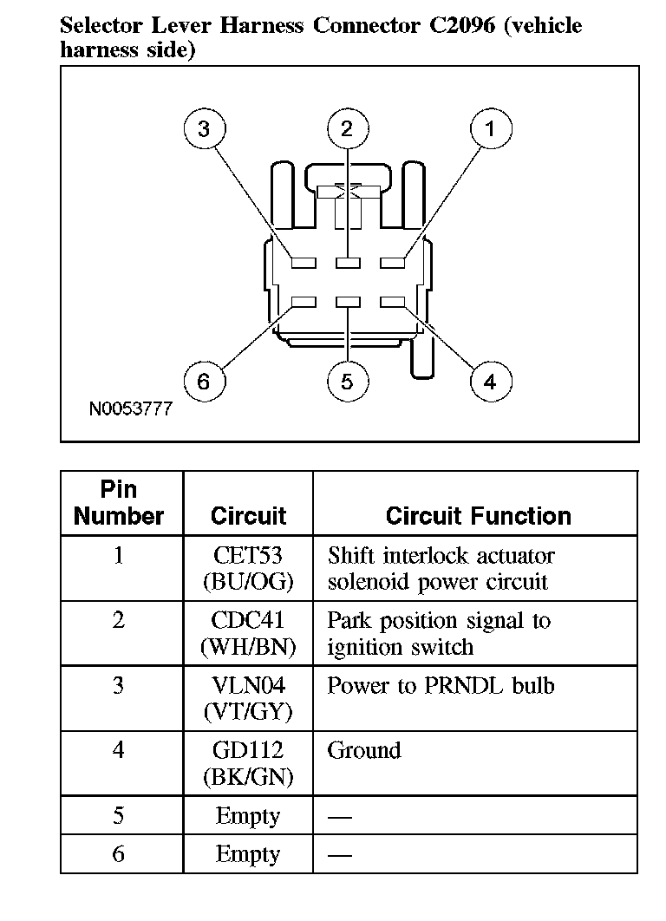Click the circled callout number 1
pos(490,129)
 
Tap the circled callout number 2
pos(347,129)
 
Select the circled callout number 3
pos(204,129)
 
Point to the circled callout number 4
pos(490,382)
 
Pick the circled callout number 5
pos(347,382)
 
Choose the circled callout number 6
pos(204,382)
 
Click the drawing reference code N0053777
pos(130,408)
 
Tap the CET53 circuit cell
pos(248,568)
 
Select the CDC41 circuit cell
pos(248,633)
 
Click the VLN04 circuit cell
pos(248,698)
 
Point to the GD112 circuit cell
pos(248,763)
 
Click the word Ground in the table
pos(363,750)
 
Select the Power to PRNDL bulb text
pos(440,686)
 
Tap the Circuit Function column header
pos(478,517)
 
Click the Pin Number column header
pos(119,503)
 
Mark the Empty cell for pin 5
pos(248,816)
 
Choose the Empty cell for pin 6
pos(248,854)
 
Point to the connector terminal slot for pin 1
pos(393,261)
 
